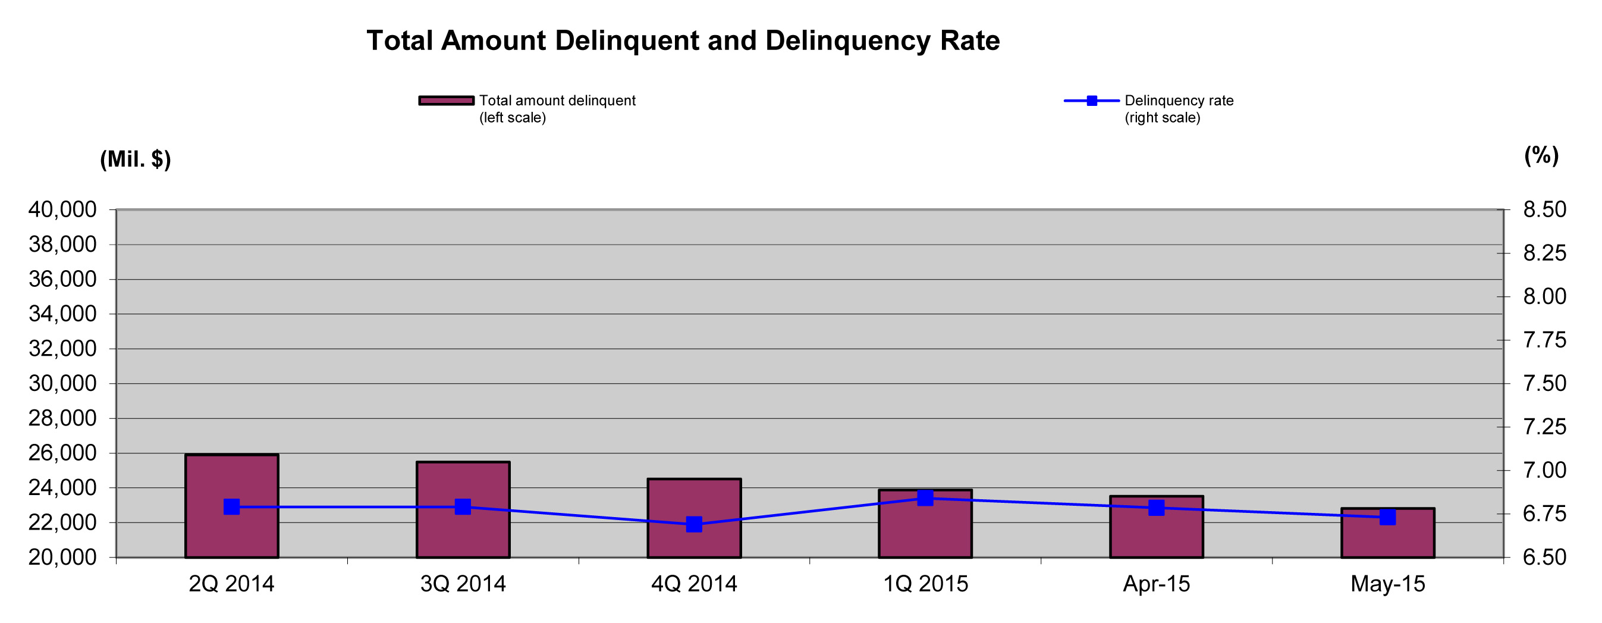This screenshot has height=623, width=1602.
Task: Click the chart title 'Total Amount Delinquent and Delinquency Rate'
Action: [683, 41]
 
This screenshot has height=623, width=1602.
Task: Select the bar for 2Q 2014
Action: [231, 506]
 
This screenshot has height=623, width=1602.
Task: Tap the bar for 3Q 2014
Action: [463, 510]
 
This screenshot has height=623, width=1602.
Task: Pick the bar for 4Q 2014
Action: [694, 518]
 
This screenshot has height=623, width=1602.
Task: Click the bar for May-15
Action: [1387, 533]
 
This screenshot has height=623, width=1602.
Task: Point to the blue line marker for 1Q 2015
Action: [925, 498]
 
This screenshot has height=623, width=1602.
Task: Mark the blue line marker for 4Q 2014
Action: [694, 524]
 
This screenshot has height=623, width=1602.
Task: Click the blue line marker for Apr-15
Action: [1156, 508]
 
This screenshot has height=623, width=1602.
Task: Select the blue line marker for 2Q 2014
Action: [231, 506]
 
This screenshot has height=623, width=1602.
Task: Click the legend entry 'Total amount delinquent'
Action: [527, 109]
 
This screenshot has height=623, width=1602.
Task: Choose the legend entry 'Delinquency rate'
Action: [1149, 109]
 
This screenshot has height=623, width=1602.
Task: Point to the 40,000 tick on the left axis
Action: [62, 209]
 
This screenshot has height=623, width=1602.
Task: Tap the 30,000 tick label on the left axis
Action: [62, 383]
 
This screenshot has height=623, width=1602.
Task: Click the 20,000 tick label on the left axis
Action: [62, 557]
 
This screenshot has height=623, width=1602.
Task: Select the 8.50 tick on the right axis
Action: [1545, 209]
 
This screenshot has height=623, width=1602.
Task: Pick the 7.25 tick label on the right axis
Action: [1545, 427]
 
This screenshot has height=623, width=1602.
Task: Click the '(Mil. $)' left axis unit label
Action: [136, 159]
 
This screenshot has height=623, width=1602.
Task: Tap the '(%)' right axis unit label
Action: [1542, 155]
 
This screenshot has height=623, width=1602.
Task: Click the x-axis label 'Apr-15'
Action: [1156, 584]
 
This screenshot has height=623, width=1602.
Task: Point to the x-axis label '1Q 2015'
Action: [925, 584]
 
